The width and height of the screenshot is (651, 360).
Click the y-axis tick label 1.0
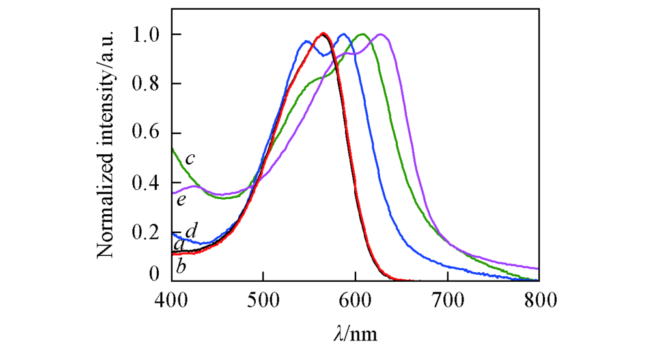tap(148, 34)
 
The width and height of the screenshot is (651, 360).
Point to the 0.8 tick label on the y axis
tap(148, 83)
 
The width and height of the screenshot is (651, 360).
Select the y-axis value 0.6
tap(148, 133)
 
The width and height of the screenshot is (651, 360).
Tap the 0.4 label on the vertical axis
tap(148, 183)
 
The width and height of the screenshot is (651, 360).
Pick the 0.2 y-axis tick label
tap(148, 232)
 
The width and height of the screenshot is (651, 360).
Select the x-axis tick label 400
tap(171, 301)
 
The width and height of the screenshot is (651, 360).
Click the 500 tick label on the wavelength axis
tap(263, 301)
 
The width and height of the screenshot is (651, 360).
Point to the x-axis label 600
tap(355, 301)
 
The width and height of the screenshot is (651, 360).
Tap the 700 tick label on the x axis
tap(447, 301)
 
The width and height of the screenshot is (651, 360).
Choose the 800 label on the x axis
tap(539, 301)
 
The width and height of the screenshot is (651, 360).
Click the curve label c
tap(190, 159)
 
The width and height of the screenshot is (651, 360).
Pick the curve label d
tap(191, 230)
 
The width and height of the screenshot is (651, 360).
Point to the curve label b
tap(181, 267)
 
